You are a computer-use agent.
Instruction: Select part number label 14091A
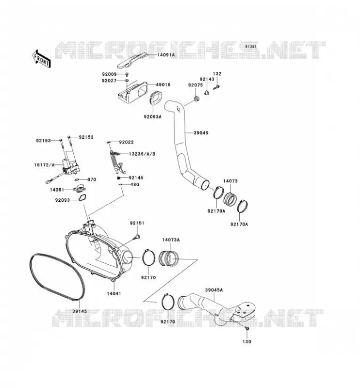coord(166,55)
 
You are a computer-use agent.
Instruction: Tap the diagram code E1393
coord(251,47)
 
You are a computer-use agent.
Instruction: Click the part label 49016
coord(163,84)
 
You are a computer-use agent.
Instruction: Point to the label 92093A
coord(152,116)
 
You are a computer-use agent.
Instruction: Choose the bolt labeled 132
coord(216,87)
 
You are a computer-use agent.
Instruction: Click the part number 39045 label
coord(201,133)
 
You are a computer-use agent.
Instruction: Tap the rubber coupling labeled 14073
coord(230,198)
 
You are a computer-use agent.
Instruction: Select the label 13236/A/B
coord(142,154)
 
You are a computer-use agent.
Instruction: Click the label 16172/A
coord(44,165)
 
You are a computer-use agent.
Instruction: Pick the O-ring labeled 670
coord(77,179)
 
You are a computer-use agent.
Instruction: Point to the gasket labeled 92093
coord(82,198)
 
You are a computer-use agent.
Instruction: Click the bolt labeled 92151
coord(136,237)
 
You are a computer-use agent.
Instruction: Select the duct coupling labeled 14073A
coord(168,258)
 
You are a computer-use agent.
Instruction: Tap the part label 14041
coord(114,294)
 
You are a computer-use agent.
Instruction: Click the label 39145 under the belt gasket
coord(80,311)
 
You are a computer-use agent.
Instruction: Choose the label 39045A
coord(213,290)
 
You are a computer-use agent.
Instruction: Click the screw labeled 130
coord(246,328)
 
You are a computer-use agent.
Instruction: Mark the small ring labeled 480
coord(121,184)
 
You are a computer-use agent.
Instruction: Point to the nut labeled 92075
coord(197,99)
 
